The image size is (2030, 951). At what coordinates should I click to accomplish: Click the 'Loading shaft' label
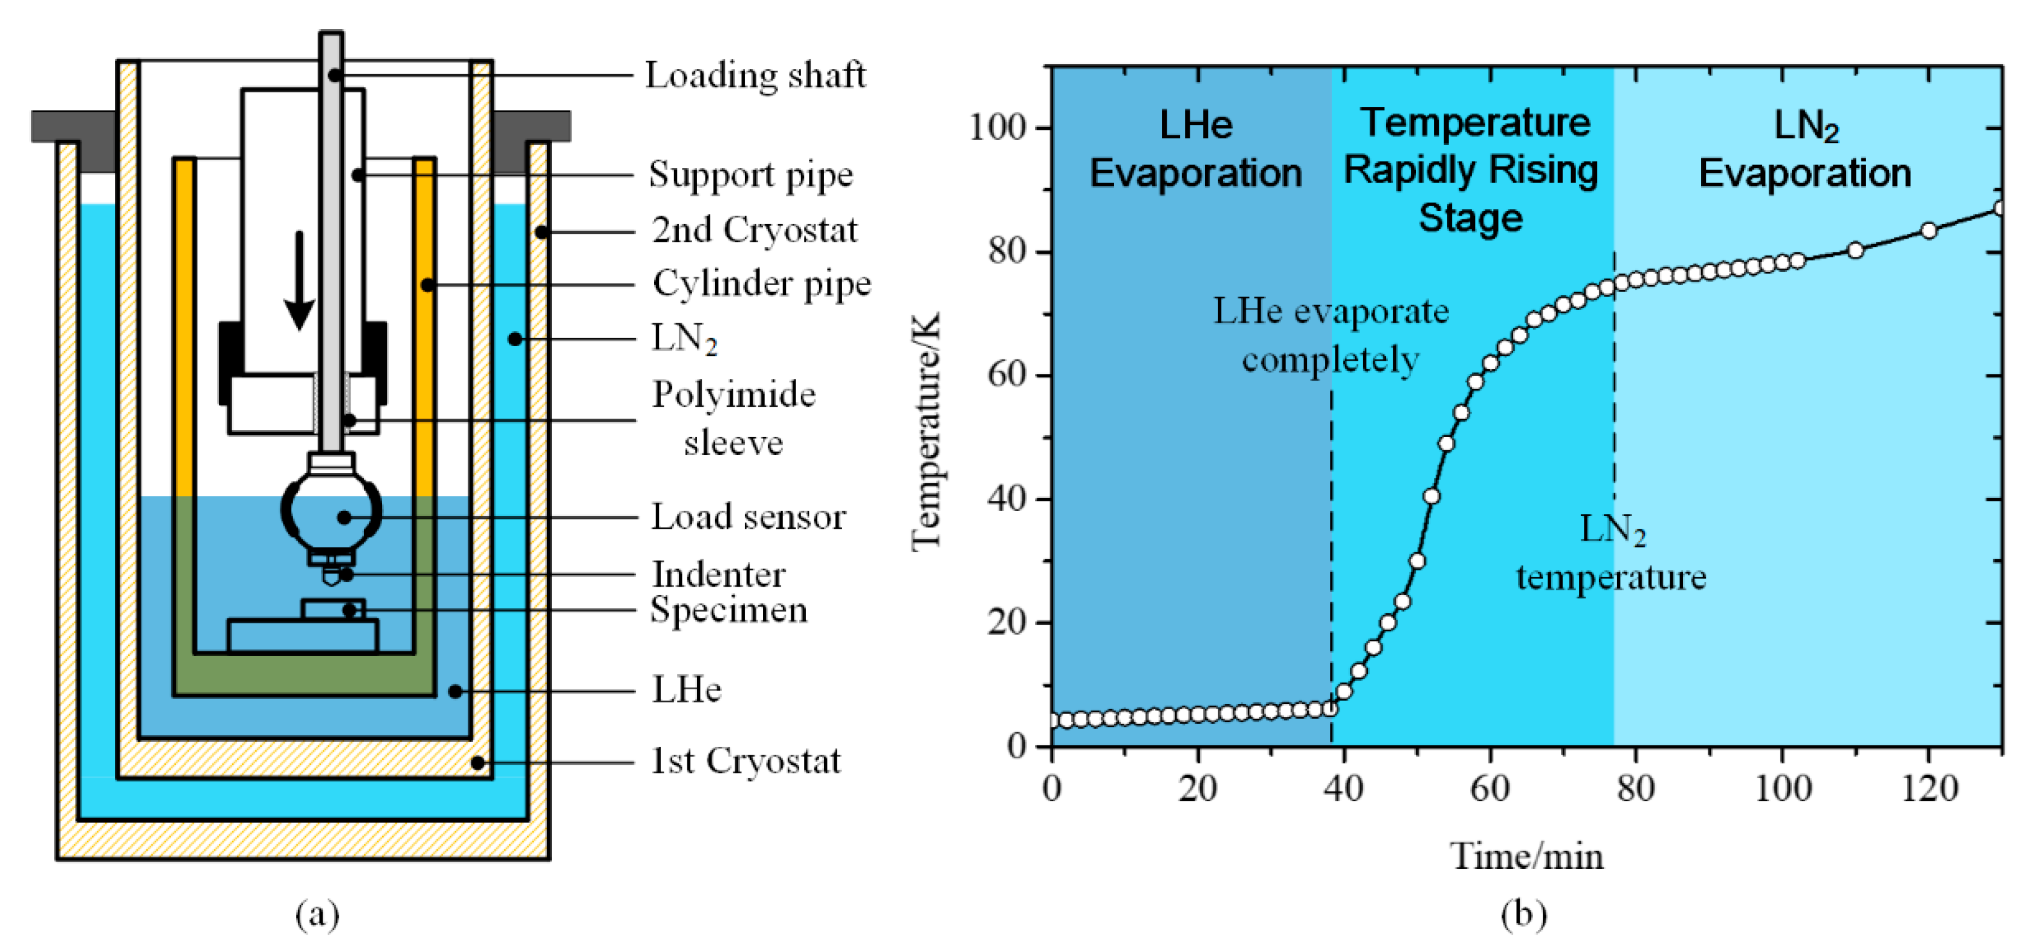pyautogui.click(x=755, y=76)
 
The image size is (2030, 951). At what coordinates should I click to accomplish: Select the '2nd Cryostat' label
pyautogui.click(x=754, y=230)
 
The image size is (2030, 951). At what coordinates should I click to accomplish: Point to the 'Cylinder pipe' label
pyautogui.click(x=761, y=283)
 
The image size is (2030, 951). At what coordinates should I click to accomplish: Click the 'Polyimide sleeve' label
pyautogui.click(x=733, y=417)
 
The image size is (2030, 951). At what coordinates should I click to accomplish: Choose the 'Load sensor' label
pyautogui.click(x=748, y=517)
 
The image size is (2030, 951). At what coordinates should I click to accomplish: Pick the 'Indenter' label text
pyautogui.click(x=718, y=575)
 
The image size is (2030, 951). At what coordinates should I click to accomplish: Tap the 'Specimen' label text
pyautogui.click(x=728, y=610)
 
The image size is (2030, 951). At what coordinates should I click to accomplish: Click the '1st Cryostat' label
pyautogui.click(x=745, y=761)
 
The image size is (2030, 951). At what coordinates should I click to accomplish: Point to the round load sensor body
pyautogui.click(x=332, y=512)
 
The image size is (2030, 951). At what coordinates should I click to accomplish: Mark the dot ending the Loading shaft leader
pyautogui.click(x=335, y=76)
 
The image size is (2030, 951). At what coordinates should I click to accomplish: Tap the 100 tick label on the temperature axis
pyautogui.click(x=997, y=127)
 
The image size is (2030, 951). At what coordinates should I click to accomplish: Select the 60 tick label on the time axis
pyautogui.click(x=1490, y=788)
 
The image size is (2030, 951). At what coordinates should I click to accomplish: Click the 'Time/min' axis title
pyautogui.click(x=1526, y=857)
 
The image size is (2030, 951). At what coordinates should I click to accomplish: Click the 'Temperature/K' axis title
pyautogui.click(x=927, y=432)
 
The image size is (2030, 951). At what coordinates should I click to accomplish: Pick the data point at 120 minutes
pyautogui.click(x=1928, y=231)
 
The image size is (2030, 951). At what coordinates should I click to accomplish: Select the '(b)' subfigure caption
pyautogui.click(x=1523, y=914)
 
